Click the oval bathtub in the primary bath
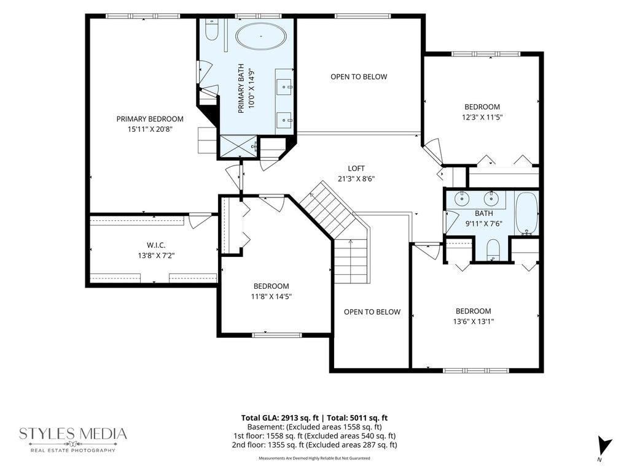click(x=261, y=36)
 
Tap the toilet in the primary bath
click(x=211, y=29)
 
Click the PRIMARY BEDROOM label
click(x=150, y=119)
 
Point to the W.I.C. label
click(x=156, y=245)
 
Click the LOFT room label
click(x=356, y=169)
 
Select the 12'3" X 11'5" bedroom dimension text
click(x=482, y=117)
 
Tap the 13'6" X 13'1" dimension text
click(x=474, y=321)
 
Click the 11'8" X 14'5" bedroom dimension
click(x=271, y=297)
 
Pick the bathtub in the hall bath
click(x=526, y=213)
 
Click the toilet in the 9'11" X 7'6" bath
click(x=493, y=250)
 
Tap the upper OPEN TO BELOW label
click(x=359, y=77)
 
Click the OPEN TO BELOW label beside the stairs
click(x=372, y=312)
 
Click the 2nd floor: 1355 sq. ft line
click(x=314, y=445)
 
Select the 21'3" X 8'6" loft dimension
click(x=356, y=179)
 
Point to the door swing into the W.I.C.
click(x=200, y=221)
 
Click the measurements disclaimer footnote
click(x=314, y=458)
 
